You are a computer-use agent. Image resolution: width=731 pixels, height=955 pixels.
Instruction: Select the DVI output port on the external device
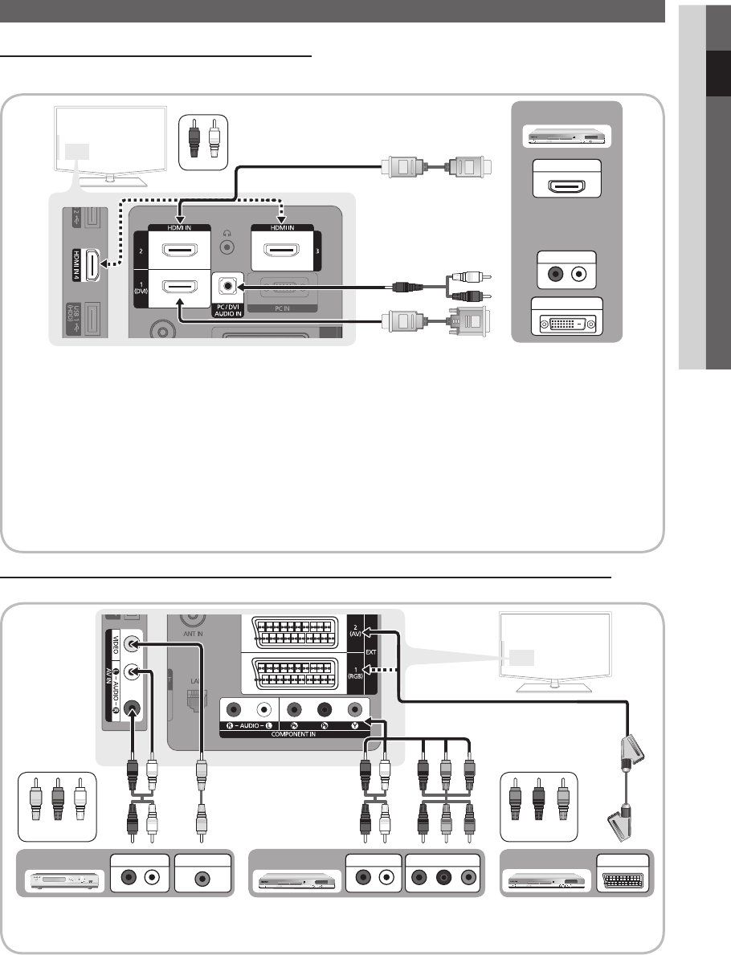coord(568,322)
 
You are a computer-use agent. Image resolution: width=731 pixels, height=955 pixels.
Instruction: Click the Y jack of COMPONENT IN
coord(354,709)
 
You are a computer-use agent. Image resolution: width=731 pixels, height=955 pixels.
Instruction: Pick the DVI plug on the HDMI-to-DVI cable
coord(468,324)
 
